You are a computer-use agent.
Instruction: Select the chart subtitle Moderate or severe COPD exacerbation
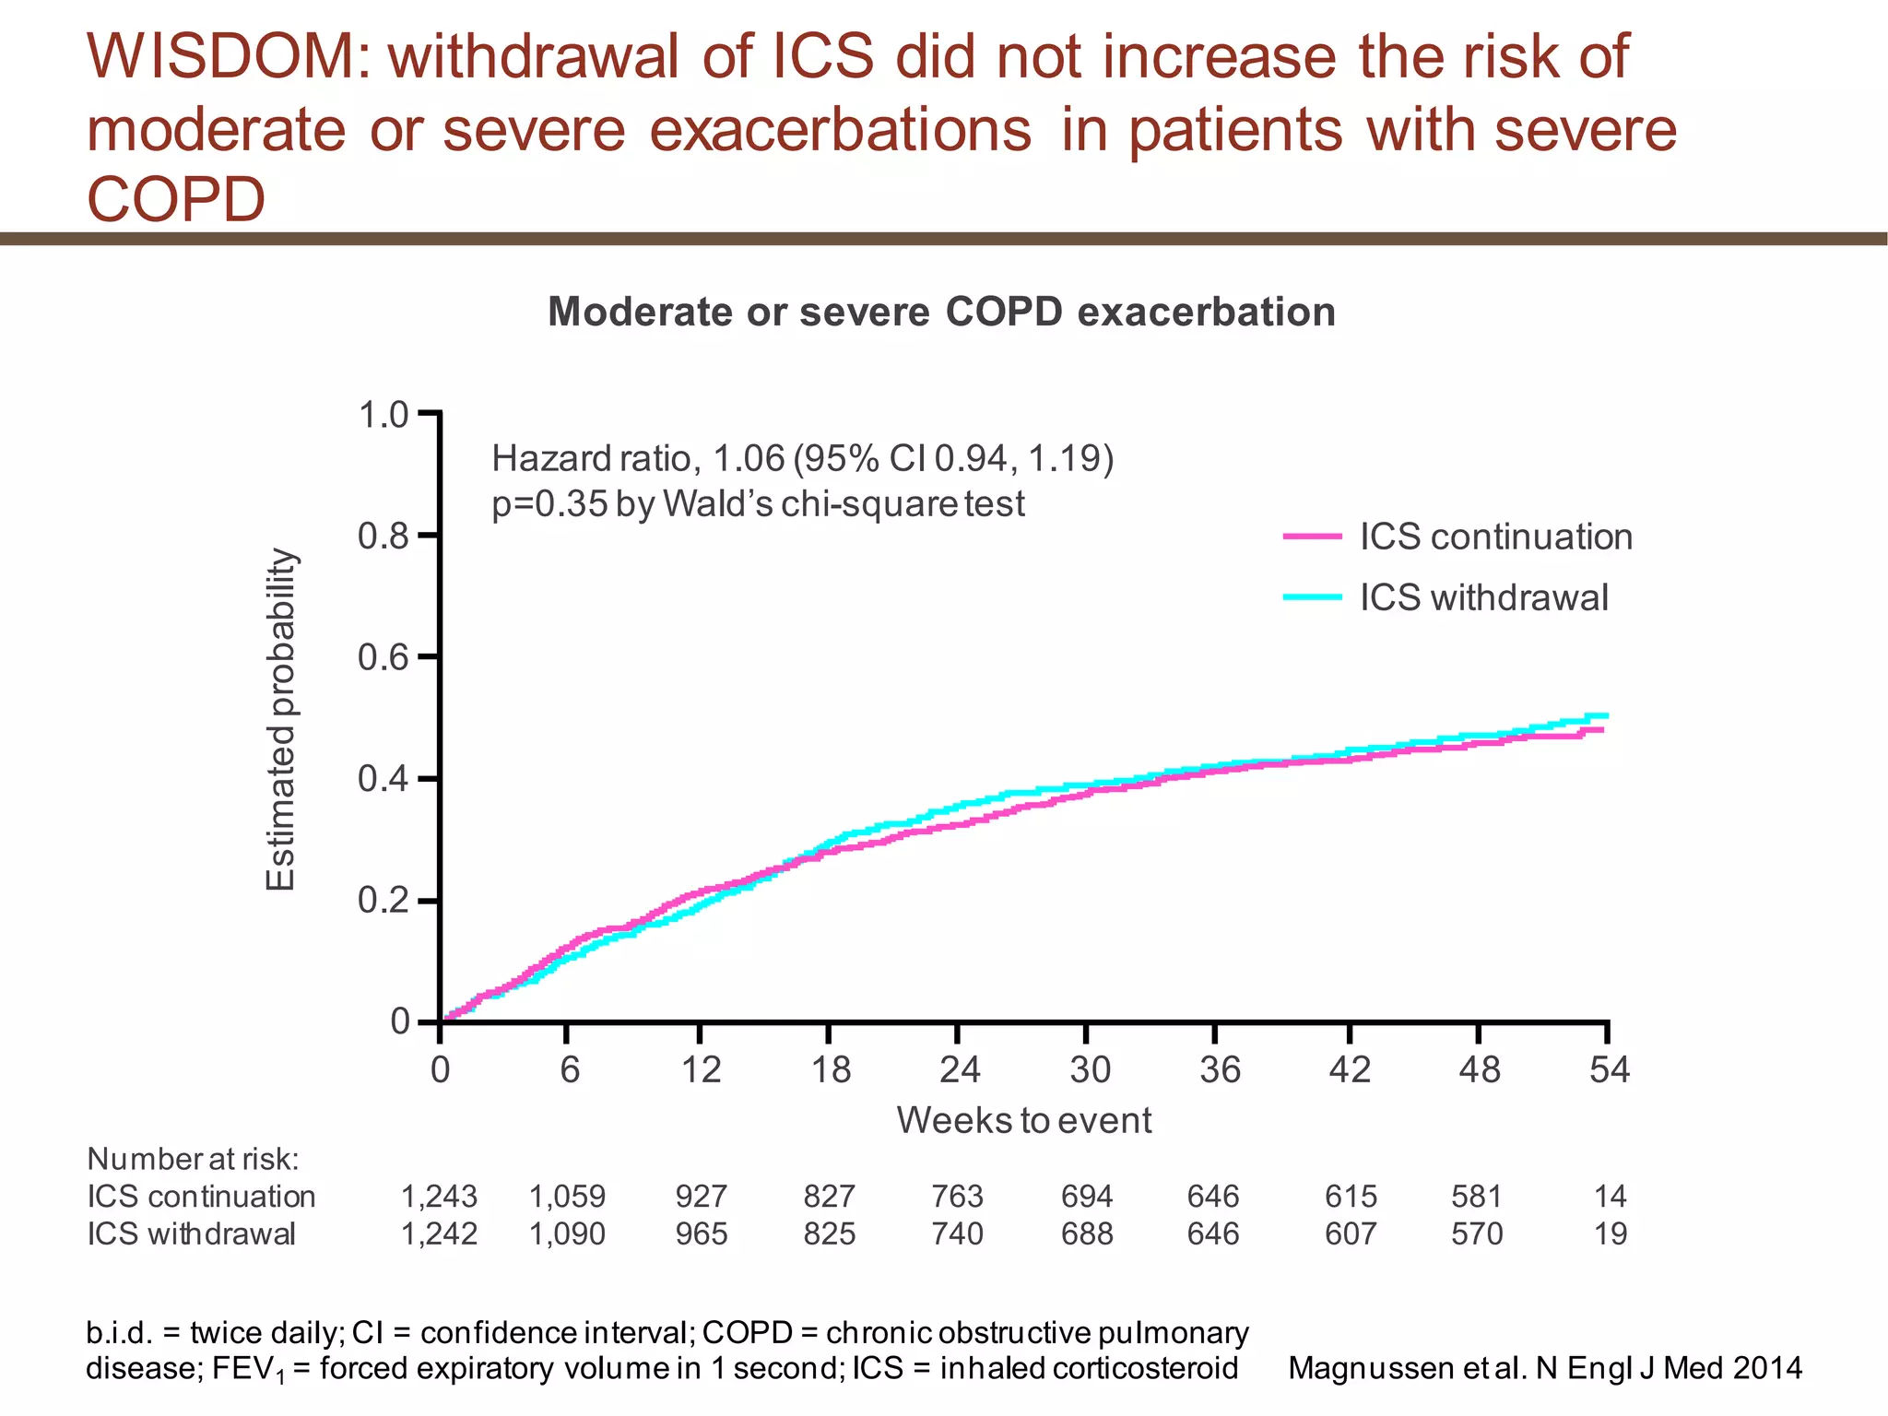pyautogui.click(x=941, y=312)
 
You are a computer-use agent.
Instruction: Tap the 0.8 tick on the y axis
pyautogui.click(x=383, y=536)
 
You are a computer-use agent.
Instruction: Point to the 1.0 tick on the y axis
pyautogui.click(x=383, y=415)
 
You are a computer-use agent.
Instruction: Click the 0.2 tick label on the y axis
pyautogui.click(x=383, y=900)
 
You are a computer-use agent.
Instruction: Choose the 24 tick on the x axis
pyautogui.click(x=959, y=1069)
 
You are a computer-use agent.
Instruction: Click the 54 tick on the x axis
pyautogui.click(x=1610, y=1069)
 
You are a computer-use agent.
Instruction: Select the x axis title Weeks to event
pyautogui.click(x=1023, y=1120)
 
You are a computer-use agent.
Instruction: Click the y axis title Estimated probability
pyautogui.click(x=280, y=719)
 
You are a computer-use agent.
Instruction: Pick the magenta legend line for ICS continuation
pyautogui.click(x=1313, y=536)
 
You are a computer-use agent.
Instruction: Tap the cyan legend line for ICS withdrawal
pyautogui.click(x=1313, y=597)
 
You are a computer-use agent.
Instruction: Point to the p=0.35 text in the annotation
pyautogui.click(x=549, y=504)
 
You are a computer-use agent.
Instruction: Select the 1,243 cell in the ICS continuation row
pyautogui.click(x=439, y=1197)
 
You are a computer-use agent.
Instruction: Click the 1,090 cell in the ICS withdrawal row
pyautogui.click(x=567, y=1233)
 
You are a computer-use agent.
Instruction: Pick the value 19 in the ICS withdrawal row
pyautogui.click(x=1611, y=1233)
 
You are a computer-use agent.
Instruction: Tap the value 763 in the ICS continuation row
pyautogui.click(x=958, y=1197)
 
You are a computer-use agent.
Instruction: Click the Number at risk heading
pyautogui.click(x=193, y=1159)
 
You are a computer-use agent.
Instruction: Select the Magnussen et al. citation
pyautogui.click(x=1544, y=1368)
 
